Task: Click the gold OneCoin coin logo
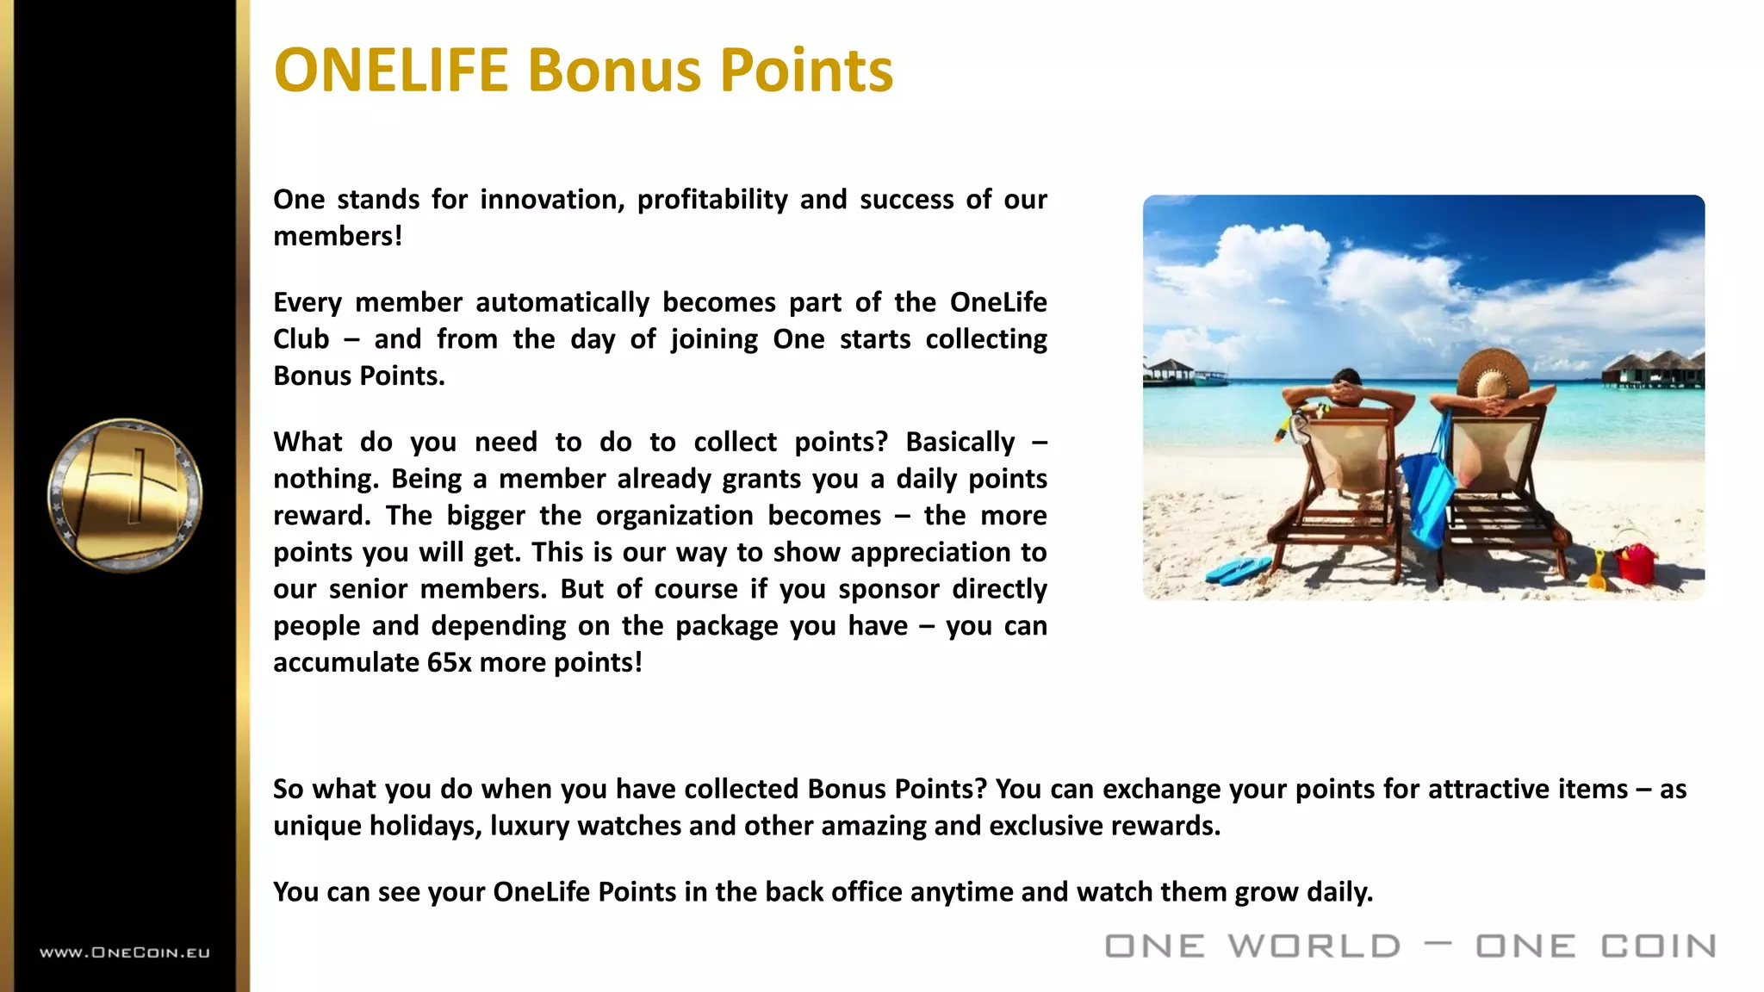pyautogui.click(x=126, y=495)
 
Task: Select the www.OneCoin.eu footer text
pyautogui.click(x=125, y=952)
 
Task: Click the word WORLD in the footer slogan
pyautogui.click(x=1314, y=946)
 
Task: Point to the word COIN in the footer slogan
pyautogui.click(x=1658, y=946)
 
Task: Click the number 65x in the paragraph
pyautogui.click(x=449, y=662)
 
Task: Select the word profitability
pyautogui.click(x=712, y=200)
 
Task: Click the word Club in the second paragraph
pyautogui.click(x=301, y=339)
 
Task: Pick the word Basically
pyautogui.click(x=960, y=442)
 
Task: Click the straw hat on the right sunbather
pyautogui.click(x=1492, y=373)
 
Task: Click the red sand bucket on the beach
pyautogui.click(x=1634, y=563)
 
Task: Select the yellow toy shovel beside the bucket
pyautogui.click(x=1596, y=571)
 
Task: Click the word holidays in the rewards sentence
pyautogui.click(x=425, y=826)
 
